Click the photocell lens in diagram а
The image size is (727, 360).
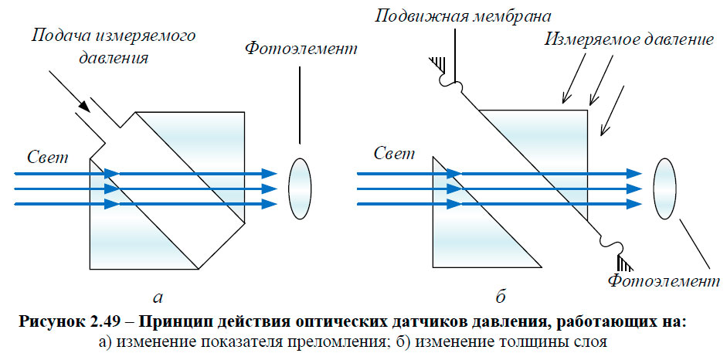pyautogui.click(x=299, y=187)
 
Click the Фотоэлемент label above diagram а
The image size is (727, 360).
pyautogui.click(x=301, y=49)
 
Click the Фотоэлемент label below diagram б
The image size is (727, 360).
pyautogui.click(x=658, y=281)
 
